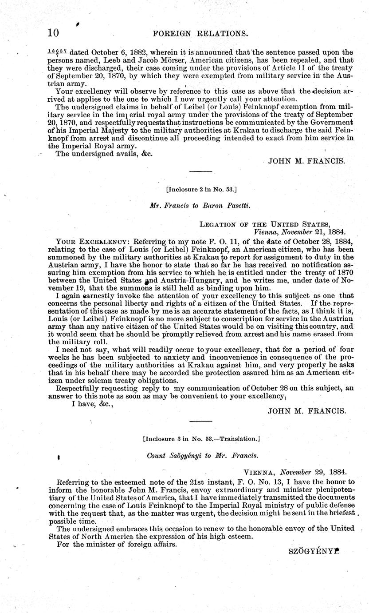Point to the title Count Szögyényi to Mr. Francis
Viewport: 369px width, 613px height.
(x=202, y=455)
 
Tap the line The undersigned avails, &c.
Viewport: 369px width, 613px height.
(x=97, y=154)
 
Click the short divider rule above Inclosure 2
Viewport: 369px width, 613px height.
(x=201, y=171)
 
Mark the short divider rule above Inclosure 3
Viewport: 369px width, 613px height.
(x=201, y=421)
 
